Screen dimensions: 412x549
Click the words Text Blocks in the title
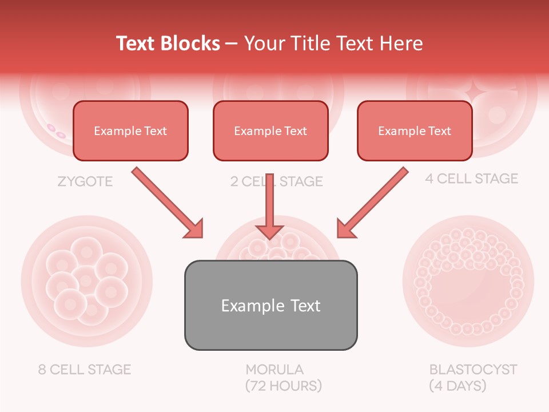(168, 43)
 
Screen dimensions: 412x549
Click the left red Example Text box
(130, 130)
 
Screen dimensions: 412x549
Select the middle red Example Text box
(270, 130)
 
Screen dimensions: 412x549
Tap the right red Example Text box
(415, 130)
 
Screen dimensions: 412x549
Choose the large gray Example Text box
(270, 305)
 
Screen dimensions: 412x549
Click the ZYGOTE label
(85, 182)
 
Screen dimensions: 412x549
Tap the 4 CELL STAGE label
(471, 179)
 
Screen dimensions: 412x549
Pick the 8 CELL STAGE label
(85, 369)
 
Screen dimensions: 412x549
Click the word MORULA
(274, 369)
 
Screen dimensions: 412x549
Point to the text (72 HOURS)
(284, 386)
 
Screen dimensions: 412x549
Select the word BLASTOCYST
(473, 369)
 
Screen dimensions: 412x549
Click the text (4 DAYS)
(457, 386)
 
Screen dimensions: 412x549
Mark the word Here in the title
(403, 43)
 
